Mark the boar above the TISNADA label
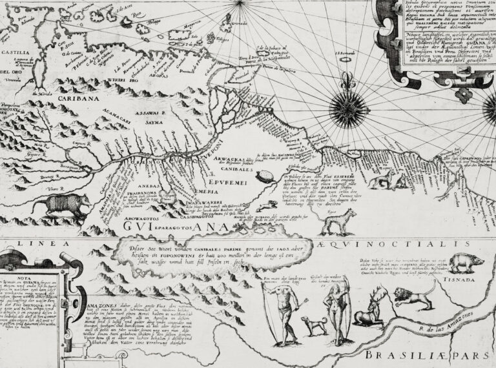[465, 261]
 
